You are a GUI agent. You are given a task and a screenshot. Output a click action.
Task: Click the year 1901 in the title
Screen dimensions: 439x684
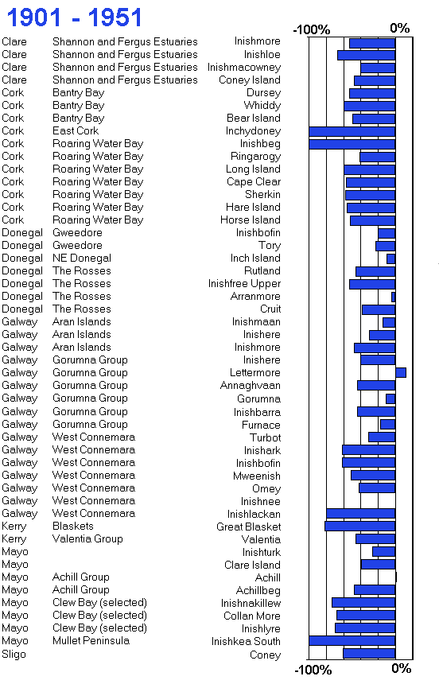click(33, 17)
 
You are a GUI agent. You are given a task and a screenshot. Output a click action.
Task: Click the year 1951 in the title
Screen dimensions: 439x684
click(115, 17)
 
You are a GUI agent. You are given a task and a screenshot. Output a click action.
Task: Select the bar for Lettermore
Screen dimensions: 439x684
click(401, 372)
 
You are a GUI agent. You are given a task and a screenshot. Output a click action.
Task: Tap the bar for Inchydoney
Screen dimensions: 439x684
click(352, 131)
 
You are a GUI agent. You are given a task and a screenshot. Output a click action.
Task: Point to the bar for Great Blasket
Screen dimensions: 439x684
click(360, 526)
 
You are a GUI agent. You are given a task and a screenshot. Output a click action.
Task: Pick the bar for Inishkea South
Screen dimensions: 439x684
click(352, 640)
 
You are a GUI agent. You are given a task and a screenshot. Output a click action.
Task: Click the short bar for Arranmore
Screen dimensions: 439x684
click(394, 297)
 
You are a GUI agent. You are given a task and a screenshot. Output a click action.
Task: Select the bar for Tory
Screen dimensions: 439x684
click(386, 246)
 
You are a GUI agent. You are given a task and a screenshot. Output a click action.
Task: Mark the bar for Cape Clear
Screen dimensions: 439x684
click(371, 182)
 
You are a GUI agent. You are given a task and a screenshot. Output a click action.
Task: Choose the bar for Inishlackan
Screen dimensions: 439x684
click(361, 514)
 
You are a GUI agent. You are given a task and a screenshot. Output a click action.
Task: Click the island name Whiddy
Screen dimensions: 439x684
click(262, 106)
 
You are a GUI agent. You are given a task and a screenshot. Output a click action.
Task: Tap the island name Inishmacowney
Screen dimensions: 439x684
click(244, 68)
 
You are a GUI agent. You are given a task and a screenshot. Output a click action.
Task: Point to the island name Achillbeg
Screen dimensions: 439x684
click(258, 591)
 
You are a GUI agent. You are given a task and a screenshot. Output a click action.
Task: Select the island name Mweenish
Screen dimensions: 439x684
click(257, 476)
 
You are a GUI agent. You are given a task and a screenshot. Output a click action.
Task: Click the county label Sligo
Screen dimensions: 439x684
click(14, 654)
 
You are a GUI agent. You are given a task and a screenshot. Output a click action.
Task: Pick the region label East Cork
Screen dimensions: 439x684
click(76, 131)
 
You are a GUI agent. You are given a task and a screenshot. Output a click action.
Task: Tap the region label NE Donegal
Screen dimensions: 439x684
click(82, 258)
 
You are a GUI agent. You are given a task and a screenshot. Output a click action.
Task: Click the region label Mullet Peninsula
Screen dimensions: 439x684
click(91, 640)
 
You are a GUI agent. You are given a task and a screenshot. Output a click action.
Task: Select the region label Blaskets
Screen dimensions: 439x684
click(73, 526)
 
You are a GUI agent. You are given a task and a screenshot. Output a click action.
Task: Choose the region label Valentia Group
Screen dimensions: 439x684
click(87, 538)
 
